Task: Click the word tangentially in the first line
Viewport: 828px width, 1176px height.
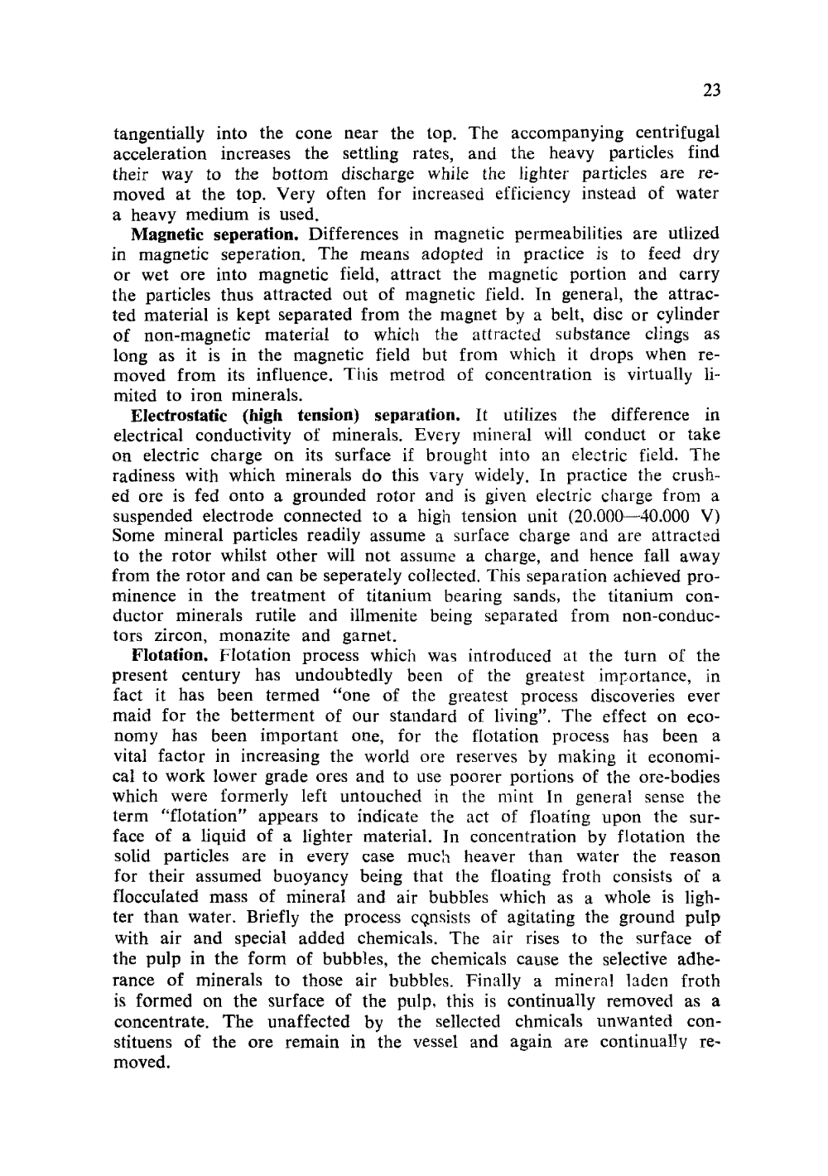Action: pyautogui.click(x=158, y=133)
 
